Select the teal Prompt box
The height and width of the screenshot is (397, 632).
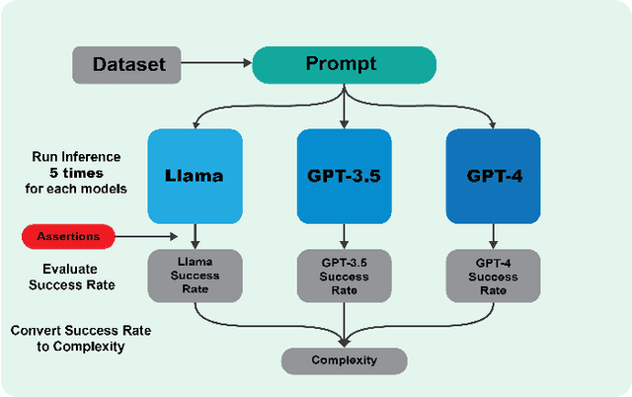pos(344,65)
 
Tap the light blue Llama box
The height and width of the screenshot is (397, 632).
pos(196,176)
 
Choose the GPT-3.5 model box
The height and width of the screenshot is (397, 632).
pos(344,176)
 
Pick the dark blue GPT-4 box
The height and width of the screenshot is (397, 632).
pos(493,176)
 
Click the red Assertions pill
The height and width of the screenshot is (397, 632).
pos(67,236)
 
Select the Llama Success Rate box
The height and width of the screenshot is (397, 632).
pos(196,274)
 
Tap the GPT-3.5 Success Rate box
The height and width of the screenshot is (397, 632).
pos(344,274)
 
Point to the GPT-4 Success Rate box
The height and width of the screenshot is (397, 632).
pos(493,274)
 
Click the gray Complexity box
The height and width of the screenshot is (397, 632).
pos(344,360)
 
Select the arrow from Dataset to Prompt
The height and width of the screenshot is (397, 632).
pos(218,66)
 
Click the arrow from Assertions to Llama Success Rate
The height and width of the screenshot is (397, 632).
pos(148,236)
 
